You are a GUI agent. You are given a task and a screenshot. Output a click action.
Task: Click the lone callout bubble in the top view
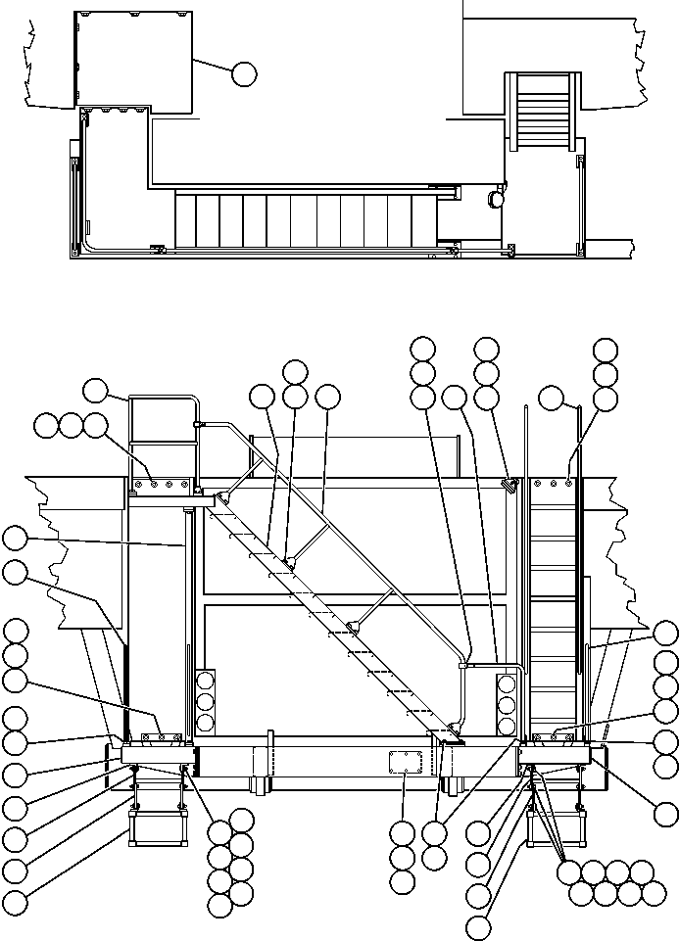pos(244,71)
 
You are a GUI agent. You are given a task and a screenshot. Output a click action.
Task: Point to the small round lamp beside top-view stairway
pos(496,199)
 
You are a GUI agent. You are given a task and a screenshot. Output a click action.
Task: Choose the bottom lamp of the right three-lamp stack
pos(507,726)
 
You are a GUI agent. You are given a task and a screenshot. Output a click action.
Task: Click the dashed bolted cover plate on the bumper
pos(405,763)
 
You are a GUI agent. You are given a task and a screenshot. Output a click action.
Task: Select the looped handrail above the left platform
pos(165,441)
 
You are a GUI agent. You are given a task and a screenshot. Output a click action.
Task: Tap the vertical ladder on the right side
pos(554,607)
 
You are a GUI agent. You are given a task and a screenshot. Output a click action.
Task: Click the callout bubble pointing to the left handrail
pos(94,390)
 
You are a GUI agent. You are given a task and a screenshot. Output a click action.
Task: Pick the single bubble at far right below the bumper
pos(666,813)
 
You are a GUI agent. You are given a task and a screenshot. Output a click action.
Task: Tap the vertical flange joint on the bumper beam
pos(270,763)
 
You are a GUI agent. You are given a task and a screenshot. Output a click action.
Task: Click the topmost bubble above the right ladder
pos(606,351)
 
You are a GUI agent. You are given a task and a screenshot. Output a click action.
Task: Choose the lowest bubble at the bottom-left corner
pos(15,902)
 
